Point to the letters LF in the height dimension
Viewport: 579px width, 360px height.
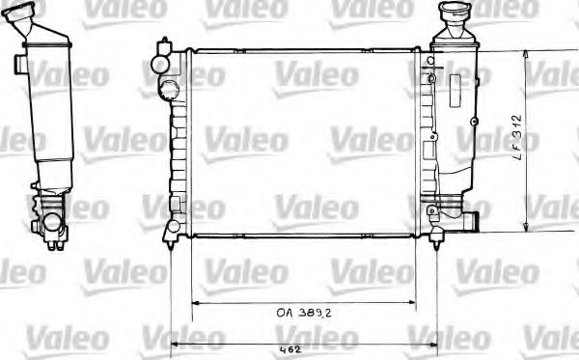(x=543, y=153)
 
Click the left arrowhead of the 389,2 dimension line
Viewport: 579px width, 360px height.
(x=196, y=302)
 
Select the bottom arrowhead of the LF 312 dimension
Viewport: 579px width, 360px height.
(x=527, y=229)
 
